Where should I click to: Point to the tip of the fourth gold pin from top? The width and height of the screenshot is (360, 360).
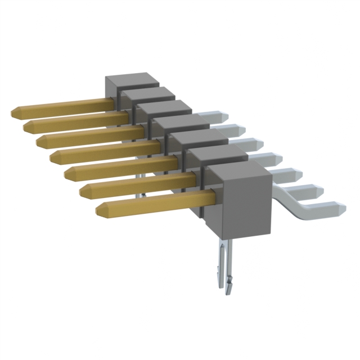[x=52, y=156]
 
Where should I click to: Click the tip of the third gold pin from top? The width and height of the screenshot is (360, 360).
[x=39, y=141]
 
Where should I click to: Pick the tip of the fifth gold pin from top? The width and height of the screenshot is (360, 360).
[x=67, y=173]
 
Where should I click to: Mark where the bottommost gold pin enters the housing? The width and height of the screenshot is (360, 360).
[x=213, y=197]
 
